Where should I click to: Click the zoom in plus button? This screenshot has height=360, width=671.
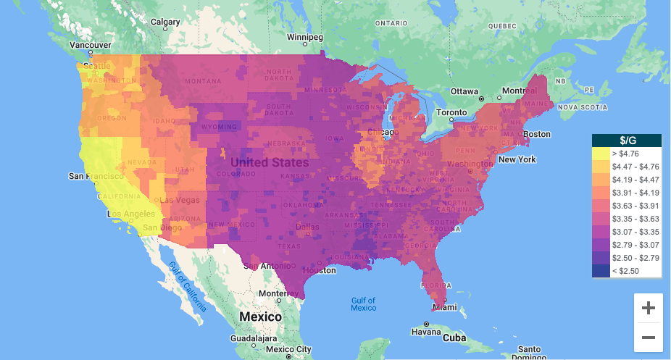point(648,308)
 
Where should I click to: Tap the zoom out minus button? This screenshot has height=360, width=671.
point(648,338)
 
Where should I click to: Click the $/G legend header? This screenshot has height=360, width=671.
point(627,141)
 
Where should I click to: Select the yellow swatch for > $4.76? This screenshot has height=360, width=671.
point(601,154)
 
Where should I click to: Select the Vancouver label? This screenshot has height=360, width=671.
point(90,45)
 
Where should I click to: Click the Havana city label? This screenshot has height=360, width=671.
point(426,332)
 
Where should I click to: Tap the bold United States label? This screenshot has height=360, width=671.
point(269,162)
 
